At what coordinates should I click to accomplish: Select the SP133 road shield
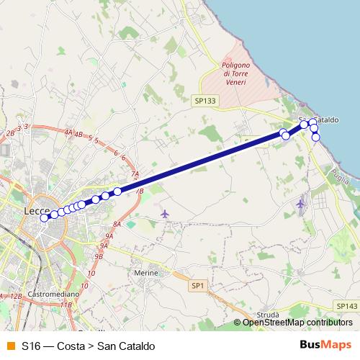pos(204,102)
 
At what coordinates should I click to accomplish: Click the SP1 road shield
pos(199,286)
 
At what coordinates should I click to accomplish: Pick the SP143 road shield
pos(346,306)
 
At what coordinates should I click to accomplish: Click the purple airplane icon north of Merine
pos(165,214)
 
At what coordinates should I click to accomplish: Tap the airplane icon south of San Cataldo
pos(300,204)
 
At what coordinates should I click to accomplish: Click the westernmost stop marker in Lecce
pos(45,217)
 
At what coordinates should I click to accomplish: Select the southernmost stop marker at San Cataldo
pos(315,137)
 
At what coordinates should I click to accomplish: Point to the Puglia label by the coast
pos(337,174)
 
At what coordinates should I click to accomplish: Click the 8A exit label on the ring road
pos(117,224)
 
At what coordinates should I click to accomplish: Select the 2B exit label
pos(10,133)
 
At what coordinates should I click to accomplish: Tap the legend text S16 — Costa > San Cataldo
pos(88,346)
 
